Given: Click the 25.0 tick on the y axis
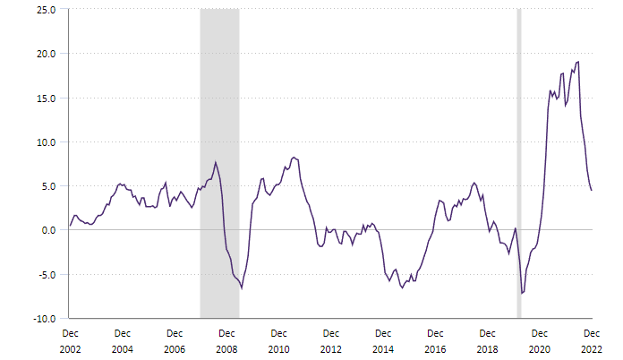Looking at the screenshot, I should click(x=46, y=10).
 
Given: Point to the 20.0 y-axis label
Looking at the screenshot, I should click(x=46, y=54).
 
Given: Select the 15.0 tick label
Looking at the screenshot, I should click(x=46, y=98).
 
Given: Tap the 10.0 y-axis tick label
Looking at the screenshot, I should click(x=46, y=141).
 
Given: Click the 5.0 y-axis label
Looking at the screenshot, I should click(x=48, y=186).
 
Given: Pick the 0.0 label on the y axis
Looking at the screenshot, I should click(x=48, y=230).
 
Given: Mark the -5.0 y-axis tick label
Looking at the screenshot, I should click(x=47, y=274).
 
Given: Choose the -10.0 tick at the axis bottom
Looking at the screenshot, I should click(x=44, y=318).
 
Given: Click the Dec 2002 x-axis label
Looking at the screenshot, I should click(x=70, y=340).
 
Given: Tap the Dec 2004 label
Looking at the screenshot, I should click(x=122, y=340).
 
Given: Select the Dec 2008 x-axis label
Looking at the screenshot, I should click(x=226, y=340).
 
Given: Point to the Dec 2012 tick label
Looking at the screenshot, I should click(x=330, y=340).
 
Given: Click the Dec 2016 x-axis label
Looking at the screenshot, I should click(x=435, y=340).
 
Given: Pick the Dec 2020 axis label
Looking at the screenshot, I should click(x=539, y=340).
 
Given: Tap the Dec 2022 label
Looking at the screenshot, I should click(x=591, y=340).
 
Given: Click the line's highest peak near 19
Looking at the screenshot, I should click(x=578, y=62).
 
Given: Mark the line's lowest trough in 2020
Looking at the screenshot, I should click(x=522, y=293).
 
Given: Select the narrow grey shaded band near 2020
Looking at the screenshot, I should click(x=519, y=161).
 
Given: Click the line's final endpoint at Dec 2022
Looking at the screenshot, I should click(x=591, y=190).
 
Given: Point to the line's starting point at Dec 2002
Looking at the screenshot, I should click(x=70, y=226).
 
